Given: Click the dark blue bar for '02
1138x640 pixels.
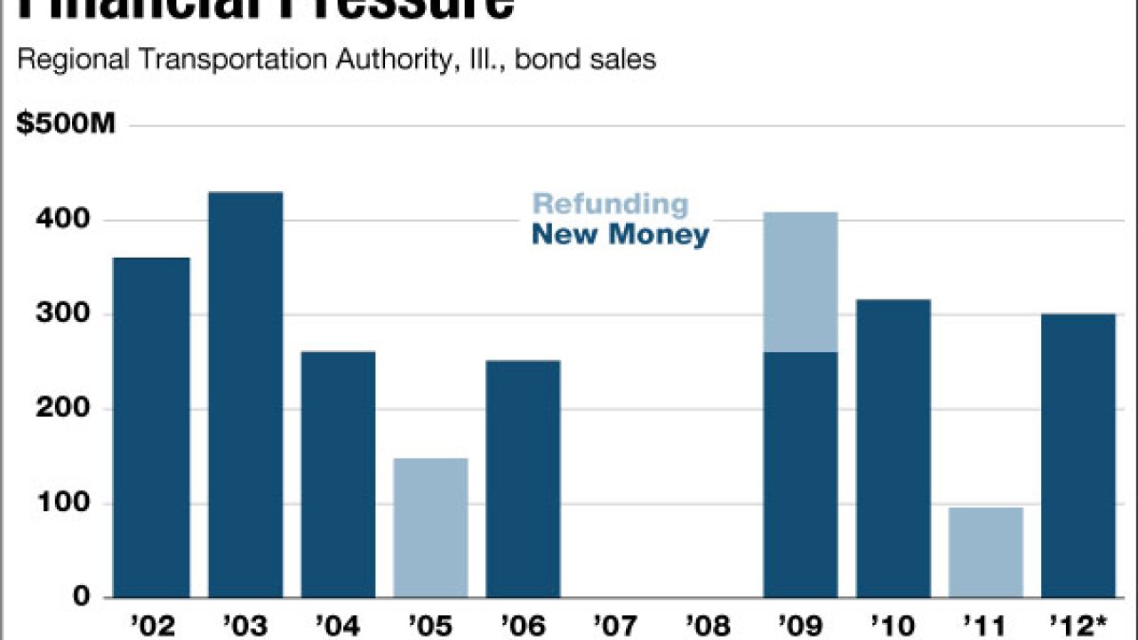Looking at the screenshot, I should pyautogui.click(x=151, y=427).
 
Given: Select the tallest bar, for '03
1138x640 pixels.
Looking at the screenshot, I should pyautogui.click(x=245, y=395).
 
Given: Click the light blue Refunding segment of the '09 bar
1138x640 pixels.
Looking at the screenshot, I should pyautogui.click(x=800, y=282).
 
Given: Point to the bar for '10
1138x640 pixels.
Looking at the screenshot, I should pyautogui.click(x=893, y=448).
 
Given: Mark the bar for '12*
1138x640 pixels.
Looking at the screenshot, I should pyautogui.click(x=1078, y=455).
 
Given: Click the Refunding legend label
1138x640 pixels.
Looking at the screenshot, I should pyautogui.click(x=610, y=204).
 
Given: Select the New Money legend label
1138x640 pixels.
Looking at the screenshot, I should pyautogui.click(x=621, y=236).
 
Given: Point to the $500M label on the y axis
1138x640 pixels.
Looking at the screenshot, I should pyautogui.click(x=66, y=124).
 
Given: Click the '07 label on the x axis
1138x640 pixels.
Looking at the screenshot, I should pyautogui.click(x=615, y=626).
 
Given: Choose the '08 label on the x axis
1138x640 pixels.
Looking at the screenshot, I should pyautogui.click(x=708, y=626).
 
